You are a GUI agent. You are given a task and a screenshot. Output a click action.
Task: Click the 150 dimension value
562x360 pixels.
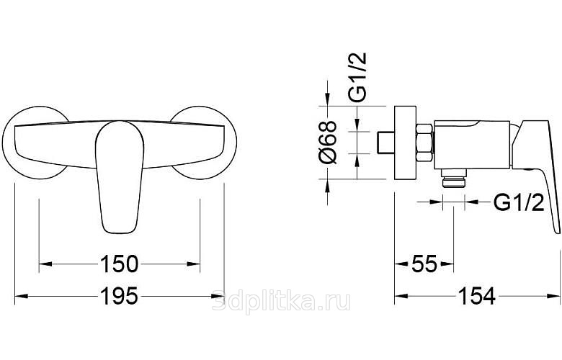coord(119,264)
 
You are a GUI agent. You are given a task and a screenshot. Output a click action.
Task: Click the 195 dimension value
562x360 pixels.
coord(119,296)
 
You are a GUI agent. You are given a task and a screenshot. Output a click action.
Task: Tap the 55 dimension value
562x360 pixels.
coord(424,264)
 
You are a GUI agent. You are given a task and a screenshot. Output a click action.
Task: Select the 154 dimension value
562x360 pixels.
coord(477,296)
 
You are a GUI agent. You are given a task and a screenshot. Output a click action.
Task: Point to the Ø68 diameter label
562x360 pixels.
coord(328,143)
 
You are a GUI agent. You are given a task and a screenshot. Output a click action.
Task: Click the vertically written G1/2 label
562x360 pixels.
coord(357,77)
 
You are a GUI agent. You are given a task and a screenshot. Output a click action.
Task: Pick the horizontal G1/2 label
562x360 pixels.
coord(519,202)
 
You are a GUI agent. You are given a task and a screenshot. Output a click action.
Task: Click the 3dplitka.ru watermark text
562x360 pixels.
coord(281,302)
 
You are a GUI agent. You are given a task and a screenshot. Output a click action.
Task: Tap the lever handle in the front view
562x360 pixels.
coord(120,177)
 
